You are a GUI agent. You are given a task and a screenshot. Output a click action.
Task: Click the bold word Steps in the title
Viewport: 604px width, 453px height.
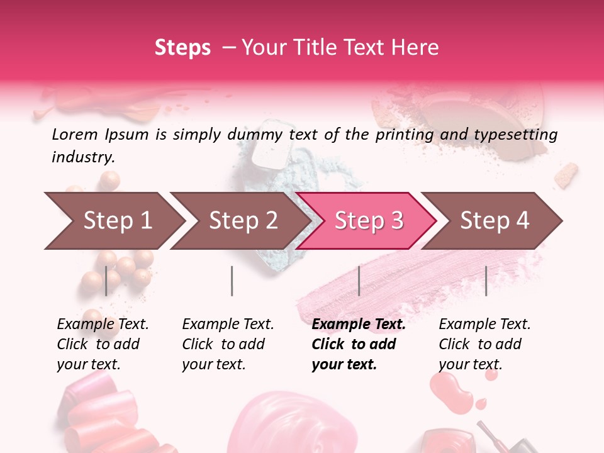coord(182,48)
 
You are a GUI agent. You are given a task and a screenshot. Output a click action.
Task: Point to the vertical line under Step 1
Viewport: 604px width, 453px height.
coord(106,281)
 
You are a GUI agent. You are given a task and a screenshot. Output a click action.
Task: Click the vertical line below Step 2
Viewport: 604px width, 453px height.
coord(232,281)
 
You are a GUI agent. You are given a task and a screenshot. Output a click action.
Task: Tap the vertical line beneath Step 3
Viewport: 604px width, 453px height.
coord(359,281)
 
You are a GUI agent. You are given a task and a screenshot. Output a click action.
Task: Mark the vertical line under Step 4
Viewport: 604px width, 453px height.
coord(486,281)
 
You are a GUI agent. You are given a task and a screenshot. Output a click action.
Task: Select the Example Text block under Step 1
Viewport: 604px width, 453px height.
coord(103,344)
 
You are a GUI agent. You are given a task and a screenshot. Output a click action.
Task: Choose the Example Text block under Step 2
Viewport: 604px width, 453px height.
coord(228,344)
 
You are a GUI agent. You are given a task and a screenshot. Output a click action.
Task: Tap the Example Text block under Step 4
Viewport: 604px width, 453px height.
coord(484,344)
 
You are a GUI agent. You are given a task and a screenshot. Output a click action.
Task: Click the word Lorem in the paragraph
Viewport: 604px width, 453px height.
coord(74,135)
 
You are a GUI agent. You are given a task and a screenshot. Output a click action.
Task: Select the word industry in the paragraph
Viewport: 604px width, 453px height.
coord(83,157)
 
